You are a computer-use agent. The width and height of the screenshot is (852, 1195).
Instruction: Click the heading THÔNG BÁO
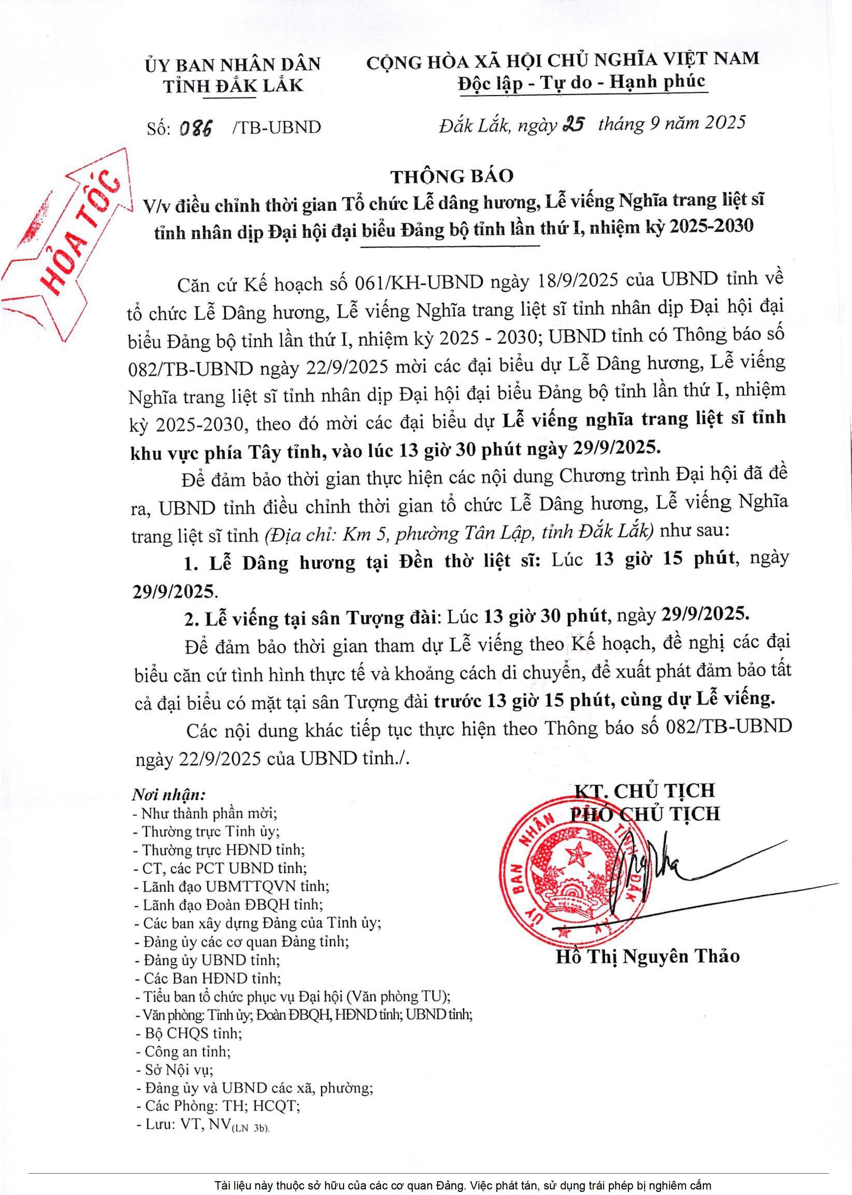[452, 176]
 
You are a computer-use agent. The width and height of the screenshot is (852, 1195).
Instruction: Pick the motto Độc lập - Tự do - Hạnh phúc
[581, 82]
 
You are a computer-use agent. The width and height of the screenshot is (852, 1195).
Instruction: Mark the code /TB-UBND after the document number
[276, 127]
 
